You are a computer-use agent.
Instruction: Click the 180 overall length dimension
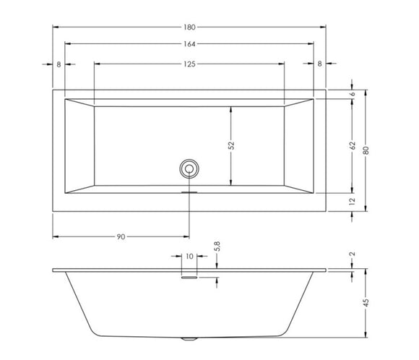point(190,27)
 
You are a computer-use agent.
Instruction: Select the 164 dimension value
point(190,45)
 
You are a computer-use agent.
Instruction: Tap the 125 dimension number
point(190,64)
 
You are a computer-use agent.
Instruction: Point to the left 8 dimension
point(59,64)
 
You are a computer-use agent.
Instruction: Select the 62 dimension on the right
point(353,145)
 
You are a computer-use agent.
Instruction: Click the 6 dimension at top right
point(353,94)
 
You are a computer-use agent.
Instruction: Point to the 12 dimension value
point(353,203)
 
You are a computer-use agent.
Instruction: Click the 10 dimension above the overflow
point(189,256)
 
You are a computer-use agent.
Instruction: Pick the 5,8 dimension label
point(217,247)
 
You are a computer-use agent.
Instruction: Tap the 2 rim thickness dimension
point(353,254)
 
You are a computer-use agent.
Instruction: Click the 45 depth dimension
point(366,304)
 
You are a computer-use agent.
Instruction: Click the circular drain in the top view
point(189,168)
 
